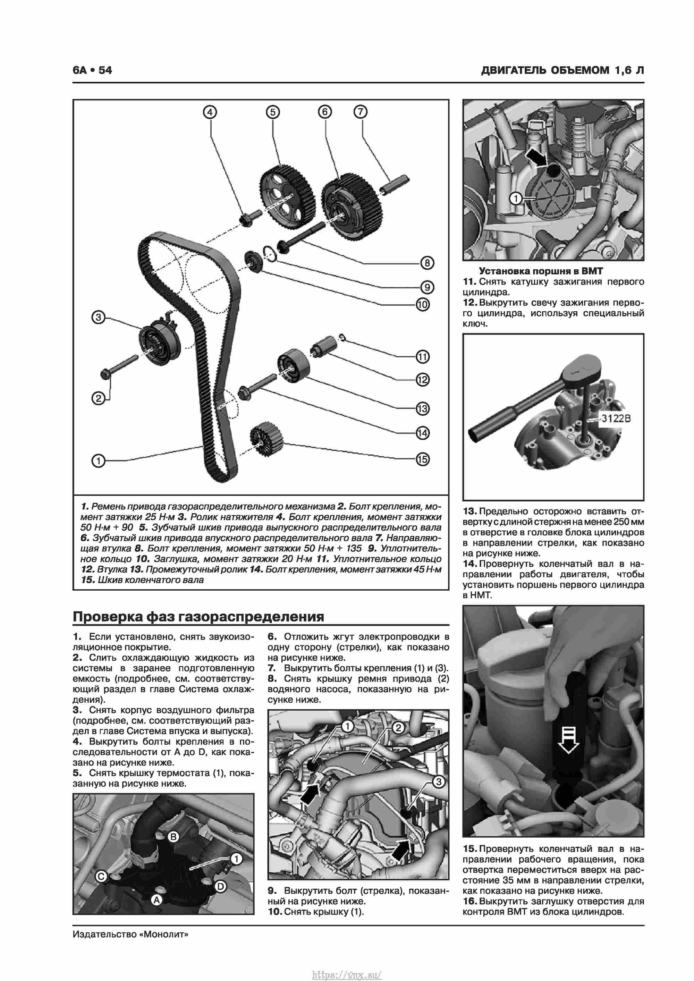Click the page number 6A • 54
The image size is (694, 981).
pos(92,70)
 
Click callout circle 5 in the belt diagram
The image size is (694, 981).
pos(273,112)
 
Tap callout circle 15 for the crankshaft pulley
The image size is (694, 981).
pos(422,459)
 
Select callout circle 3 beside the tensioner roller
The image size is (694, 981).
pos(98,317)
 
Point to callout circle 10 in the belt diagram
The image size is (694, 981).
pos(422,305)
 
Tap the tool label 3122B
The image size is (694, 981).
pos(616,418)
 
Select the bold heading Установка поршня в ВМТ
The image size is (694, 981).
pos(541,271)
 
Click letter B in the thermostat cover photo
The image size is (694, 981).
pos(173,837)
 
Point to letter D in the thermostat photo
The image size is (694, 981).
pos(220,887)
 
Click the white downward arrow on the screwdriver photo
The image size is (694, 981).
pos(568,741)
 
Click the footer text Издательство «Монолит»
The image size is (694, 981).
pos(130,934)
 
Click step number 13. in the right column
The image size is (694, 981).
pos(469,511)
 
